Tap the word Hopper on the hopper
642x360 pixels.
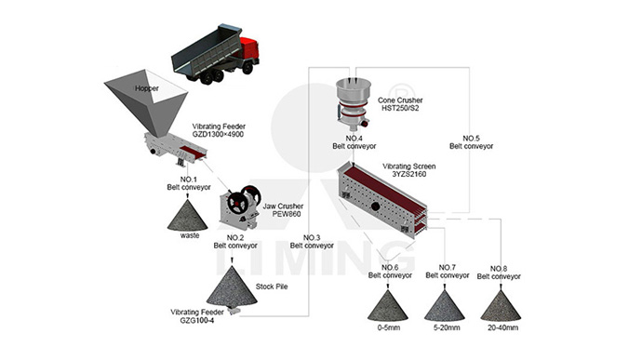[147, 88]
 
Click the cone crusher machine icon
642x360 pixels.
[353, 103]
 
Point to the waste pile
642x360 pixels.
[188, 216]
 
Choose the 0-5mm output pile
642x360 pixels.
[388, 305]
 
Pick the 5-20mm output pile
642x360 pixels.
[445, 305]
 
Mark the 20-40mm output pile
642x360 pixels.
[501, 305]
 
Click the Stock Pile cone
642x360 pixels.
[233, 287]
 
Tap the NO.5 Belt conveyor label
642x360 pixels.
[471, 142]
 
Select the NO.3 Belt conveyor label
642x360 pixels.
[312, 242]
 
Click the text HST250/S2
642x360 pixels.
[400, 108]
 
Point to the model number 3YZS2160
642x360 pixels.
[409, 174]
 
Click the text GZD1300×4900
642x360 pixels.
[219, 134]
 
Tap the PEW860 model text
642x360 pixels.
[287, 214]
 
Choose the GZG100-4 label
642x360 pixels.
[197, 320]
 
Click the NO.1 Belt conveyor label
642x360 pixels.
[189, 183]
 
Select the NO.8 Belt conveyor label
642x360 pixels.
[499, 273]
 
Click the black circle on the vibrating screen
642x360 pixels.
[376, 206]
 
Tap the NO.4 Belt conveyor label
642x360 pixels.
[354, 142]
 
